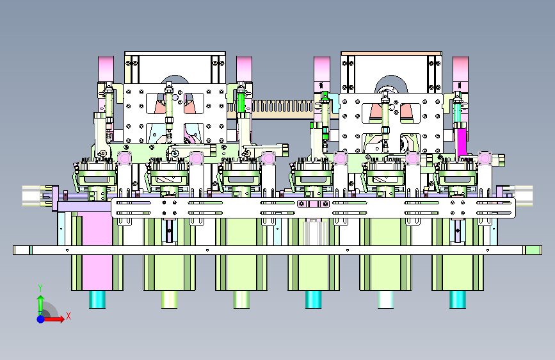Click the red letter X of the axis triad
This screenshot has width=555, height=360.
pyautogui.click(x=68, y=316)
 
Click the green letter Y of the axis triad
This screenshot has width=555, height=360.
pyautogui.click(x=40, y=288)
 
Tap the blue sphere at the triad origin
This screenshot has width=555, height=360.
pyautogui.click(x=41, y=319)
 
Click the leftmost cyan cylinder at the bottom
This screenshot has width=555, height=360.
pyautogui.click(x=97, y=299)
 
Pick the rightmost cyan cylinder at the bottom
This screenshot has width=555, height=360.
pyautogui.click(x=457, y=299)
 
